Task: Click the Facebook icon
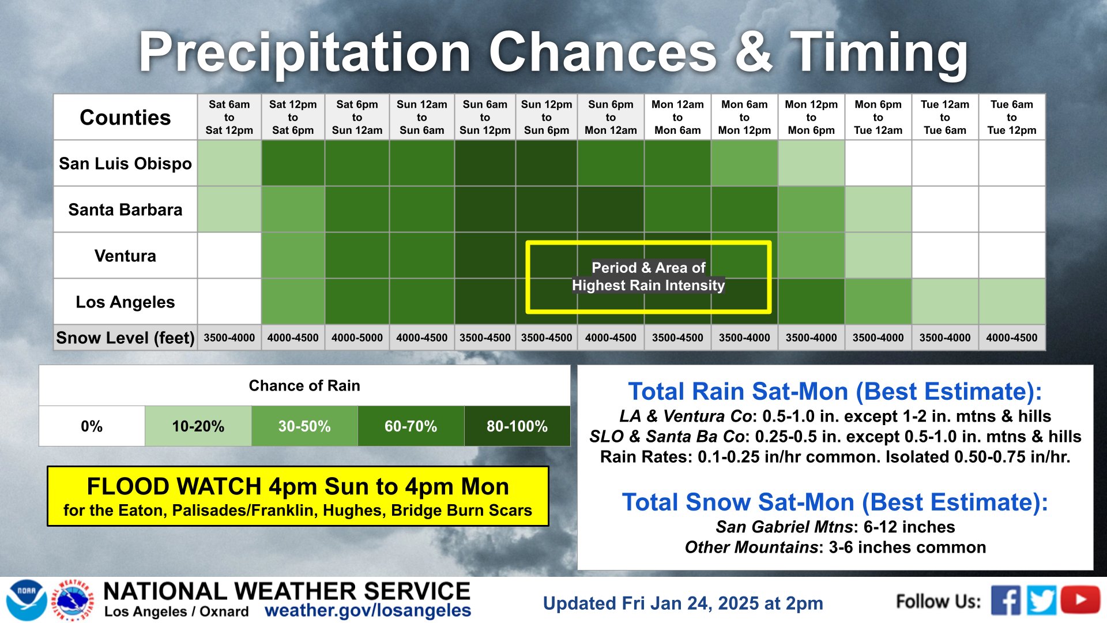point(1006,601)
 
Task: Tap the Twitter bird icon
point(1042,601)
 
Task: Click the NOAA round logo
point(27,601)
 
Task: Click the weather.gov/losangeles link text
point(368,610)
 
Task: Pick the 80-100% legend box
point(517,426)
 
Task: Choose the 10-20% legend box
point(198,426)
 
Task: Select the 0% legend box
point(92,426)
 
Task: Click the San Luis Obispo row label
point(125,163)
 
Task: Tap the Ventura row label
point(125,256)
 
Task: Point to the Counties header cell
point(125,117)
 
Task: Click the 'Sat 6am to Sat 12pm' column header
point(229,117)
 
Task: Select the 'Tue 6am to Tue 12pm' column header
point(1012,117)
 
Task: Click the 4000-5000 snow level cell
point(357,337)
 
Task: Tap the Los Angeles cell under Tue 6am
point(1012,302)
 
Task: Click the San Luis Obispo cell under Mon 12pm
point(811,163)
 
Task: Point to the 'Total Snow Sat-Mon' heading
point(835,502)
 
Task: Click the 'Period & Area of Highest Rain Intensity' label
point(649,276)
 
